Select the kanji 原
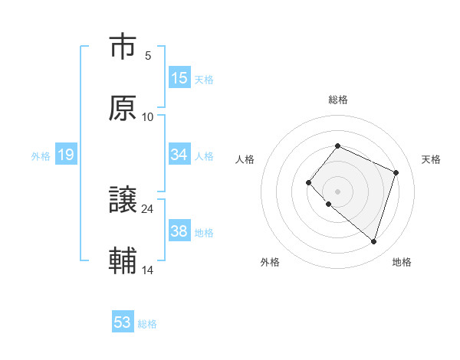123,108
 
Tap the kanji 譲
123,201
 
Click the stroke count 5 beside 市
148,56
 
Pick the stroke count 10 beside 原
148,117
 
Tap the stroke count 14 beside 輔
148,270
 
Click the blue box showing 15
179,78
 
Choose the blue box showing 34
179,155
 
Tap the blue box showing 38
179,231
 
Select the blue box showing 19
66,155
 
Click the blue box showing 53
123,322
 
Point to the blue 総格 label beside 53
147,324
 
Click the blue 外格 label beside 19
41,156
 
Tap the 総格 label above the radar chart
337,100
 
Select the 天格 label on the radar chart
431,159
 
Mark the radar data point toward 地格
373,241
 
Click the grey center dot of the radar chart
337,191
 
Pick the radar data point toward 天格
396,172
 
